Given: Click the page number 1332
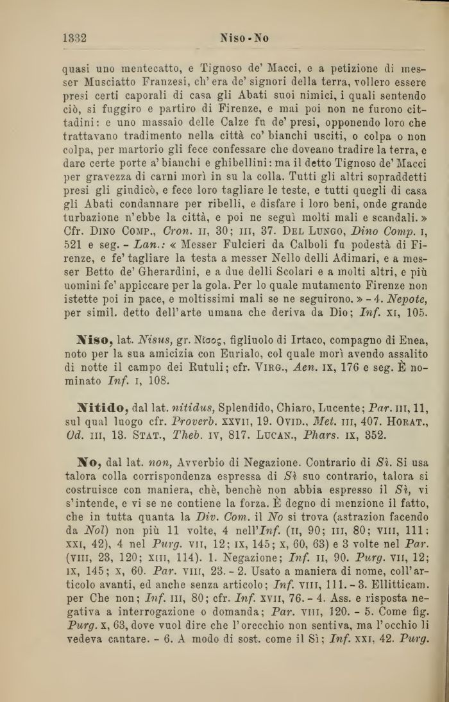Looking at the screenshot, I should pos(75,38).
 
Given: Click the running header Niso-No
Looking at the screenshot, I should pos(244,38).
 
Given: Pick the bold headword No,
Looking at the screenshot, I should pos(86,461).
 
